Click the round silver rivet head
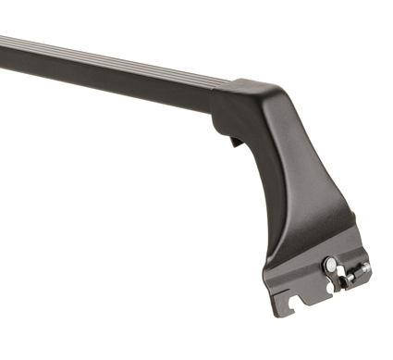pos(330,265)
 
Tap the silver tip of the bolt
pos(366,267)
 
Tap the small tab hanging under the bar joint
pos(233,142)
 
